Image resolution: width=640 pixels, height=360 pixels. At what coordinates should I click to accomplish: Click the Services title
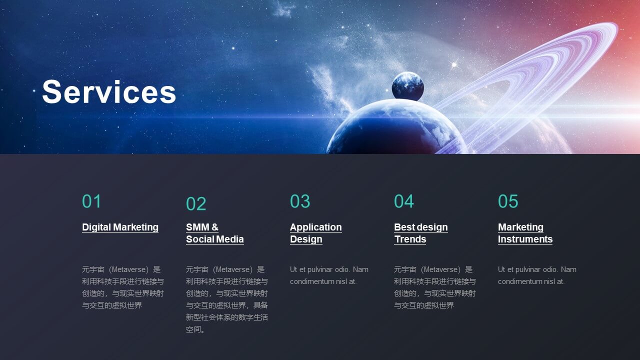coord(109,91)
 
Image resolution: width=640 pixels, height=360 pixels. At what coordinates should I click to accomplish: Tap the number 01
coord(91,201)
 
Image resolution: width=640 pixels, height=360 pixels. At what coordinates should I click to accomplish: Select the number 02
coord(196,203)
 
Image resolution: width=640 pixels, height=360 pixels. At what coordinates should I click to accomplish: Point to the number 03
coord(300,201)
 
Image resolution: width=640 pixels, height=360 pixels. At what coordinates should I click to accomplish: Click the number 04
coord(404,201)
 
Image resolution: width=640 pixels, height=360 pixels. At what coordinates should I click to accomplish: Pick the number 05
coord(508,201)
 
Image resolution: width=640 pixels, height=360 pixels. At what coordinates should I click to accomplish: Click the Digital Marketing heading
coord(120,227)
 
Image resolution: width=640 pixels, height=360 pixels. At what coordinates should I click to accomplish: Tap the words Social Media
coord(215,239)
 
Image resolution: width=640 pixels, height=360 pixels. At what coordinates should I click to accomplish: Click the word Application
coord(316,227)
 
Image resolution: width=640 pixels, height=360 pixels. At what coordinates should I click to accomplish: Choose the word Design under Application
coord(306,239)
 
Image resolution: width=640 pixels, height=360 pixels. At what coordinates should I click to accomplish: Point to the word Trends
coord(410,239)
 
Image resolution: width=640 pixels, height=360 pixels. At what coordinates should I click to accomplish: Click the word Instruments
coord(525,239)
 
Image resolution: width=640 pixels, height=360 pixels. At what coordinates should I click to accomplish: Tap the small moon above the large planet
coord(407,86)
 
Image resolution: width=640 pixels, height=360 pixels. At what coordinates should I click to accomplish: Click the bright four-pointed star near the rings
coord(453,65)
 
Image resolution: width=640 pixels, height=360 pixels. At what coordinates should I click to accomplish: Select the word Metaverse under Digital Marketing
coord(129,269)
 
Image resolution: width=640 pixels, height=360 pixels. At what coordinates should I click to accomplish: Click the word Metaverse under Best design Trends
coord(441,269)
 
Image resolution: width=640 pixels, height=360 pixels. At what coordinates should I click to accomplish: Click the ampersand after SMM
coord(215,227)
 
